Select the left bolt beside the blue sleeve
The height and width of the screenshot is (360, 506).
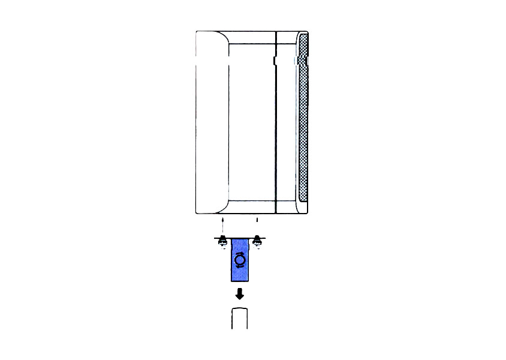click(x=222, y=241)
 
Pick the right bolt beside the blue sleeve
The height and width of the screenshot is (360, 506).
click(x=257, y=241)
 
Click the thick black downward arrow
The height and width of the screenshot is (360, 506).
click(x=240, y=293)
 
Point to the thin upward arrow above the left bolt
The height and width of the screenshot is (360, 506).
click(x=222, y=226)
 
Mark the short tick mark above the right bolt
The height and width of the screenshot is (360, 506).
click(x=257, y=220)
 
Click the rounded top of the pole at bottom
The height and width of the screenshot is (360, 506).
click(x=240, y=310)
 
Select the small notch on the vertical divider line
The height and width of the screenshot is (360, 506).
click(x=275, y=61)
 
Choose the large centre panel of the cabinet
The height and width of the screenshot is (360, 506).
click(x=251, y=120)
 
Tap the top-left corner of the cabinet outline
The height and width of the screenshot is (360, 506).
click(x=197, y=31)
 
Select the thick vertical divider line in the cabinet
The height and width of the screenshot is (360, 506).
click(x=275, y=132)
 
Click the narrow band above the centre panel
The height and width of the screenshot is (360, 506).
click(x=251, y=37)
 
